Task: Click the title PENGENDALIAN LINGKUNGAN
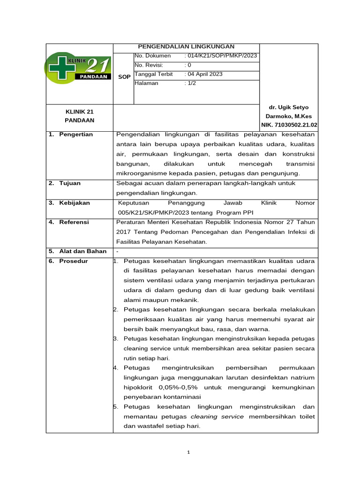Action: tap(186, 46)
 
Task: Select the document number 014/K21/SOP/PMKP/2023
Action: tap(222, 56)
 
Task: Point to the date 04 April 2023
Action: tap(205, 74)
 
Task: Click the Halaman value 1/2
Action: tap(192, 83)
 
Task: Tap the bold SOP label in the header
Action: tap(124, 77)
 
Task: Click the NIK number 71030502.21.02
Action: tap(289, 125)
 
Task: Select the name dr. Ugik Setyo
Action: tap(289, 107)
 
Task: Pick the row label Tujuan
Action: tap(70, 183)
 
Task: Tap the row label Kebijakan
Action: tap(74, 203)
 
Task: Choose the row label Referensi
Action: tap(74, 222)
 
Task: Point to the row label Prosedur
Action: tap(73, 261)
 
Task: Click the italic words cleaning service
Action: tap(217, 417)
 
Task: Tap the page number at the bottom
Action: tap(188, 452)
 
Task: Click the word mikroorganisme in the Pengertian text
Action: tap(145, 173)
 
